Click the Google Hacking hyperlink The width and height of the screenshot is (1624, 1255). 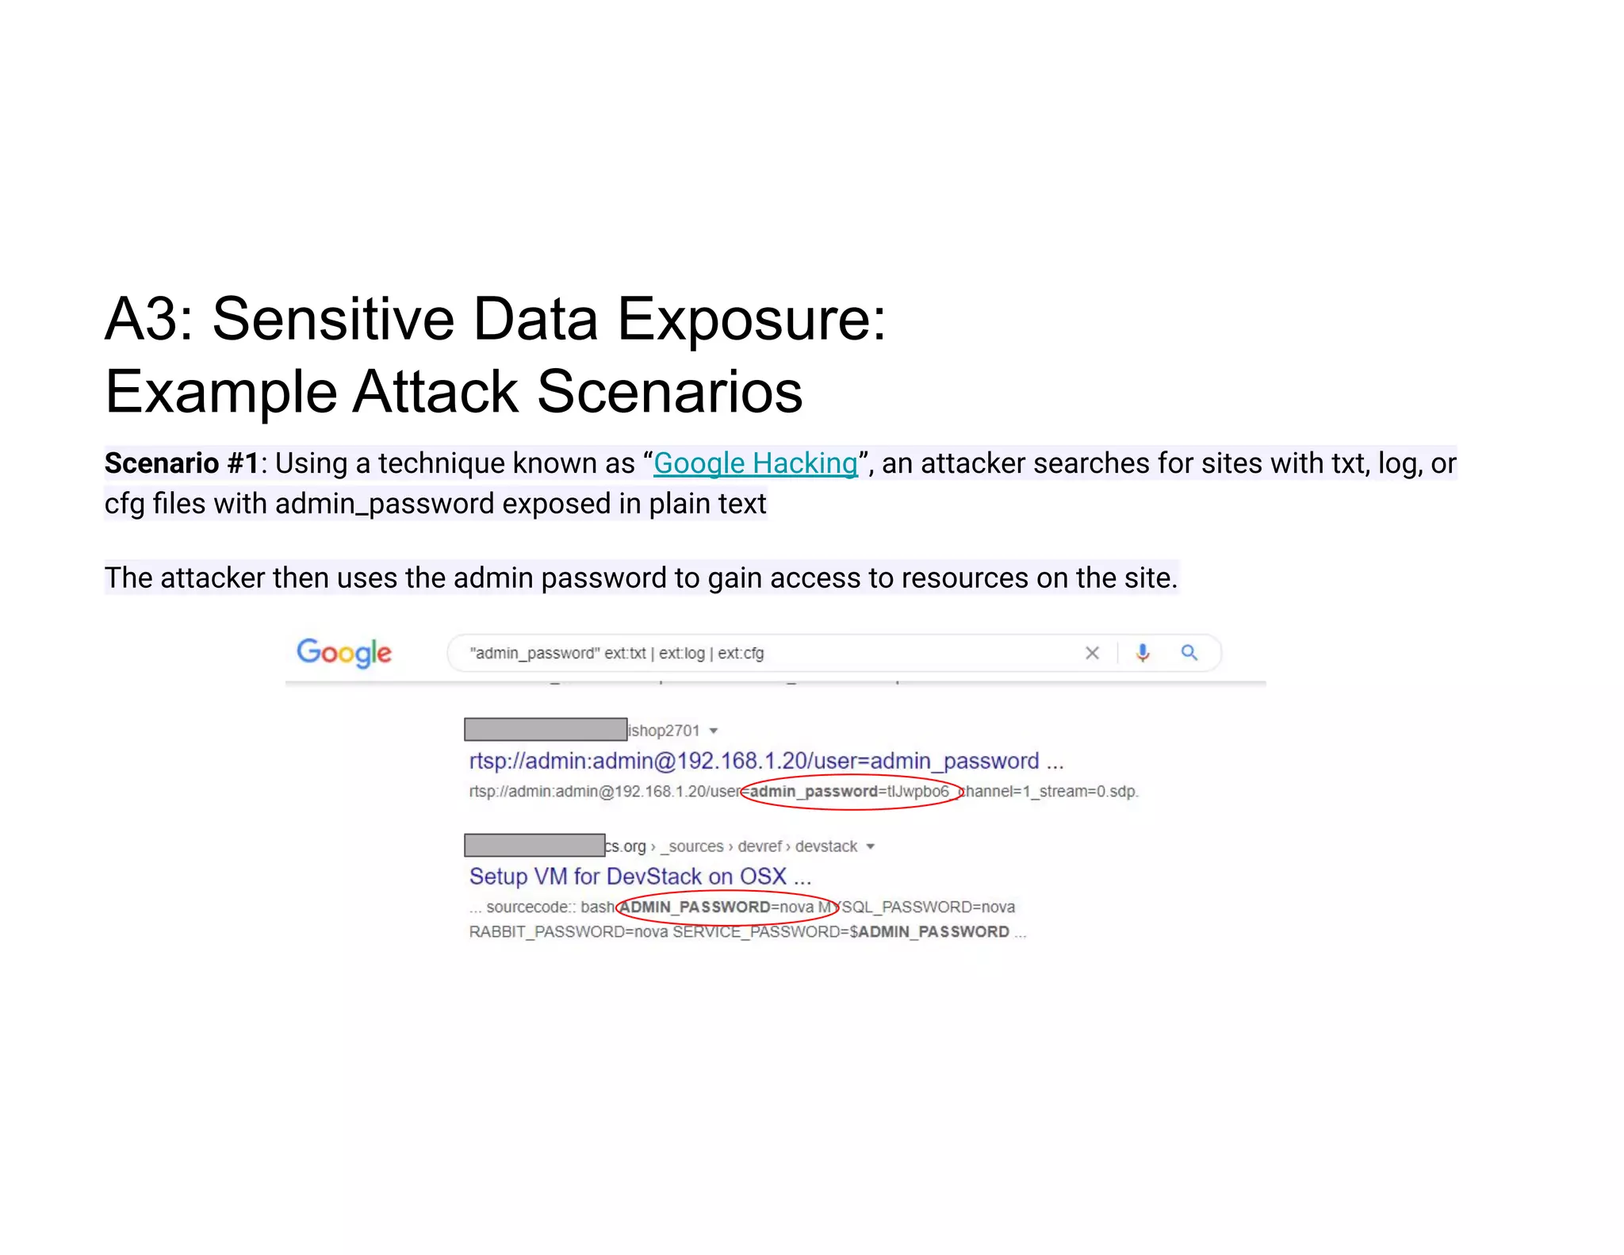[x=755, y=463]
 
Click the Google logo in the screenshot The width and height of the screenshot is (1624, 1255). [x=344, y=653]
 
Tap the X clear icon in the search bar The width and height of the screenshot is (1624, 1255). [x=1092, y=653]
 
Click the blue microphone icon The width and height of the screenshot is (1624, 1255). [x=1142, y=653]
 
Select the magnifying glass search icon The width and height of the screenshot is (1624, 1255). [x=1189, y=653]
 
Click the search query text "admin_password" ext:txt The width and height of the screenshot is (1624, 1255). [x=557, y=654]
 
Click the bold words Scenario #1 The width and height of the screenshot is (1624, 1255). [x=182, y=463]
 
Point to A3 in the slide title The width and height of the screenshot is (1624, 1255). [x=149, y=319]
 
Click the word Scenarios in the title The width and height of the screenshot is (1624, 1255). [x=670, y=392]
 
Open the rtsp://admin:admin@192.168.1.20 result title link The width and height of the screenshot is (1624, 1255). [x=753, y=761]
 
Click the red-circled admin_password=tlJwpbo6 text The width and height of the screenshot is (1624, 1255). [x=849, y=792]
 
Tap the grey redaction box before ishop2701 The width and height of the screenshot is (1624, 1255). [x=546, y=729]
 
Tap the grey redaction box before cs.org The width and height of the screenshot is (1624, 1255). [x=534, y=845]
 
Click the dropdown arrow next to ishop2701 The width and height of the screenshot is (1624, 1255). [x=714, y=731]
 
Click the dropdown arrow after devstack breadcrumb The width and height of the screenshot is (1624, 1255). [x=870, y=846]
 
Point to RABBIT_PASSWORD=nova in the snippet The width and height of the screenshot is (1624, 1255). [x=569, y=932]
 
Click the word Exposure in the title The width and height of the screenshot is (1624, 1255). [x=750, y=319]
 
